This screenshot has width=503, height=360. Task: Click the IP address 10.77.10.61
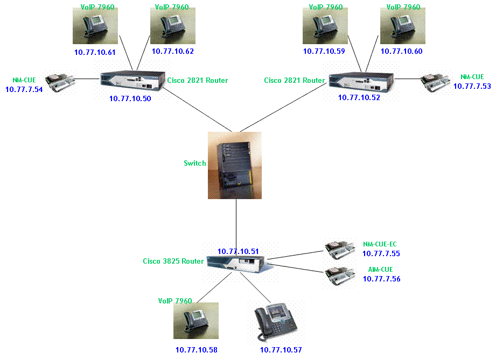click(x=95, y=52)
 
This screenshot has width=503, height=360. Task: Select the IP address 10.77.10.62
click(x=172, y=52)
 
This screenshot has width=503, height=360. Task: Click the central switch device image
click(x=235, y=165)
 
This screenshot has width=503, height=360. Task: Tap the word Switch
click(x=195, y=163)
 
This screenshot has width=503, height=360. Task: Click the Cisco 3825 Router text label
click(x=173, y=261)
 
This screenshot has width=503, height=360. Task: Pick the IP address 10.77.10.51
click(x=238, y=251)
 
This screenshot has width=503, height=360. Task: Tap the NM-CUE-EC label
click(x=380, y=244)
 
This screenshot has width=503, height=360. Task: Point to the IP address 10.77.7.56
click(x=381, y=279)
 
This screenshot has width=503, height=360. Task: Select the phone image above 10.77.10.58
click(x=196, y=321)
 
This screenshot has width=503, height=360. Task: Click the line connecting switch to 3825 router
click(x=236, y=223)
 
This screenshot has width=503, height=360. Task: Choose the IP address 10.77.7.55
click(x=381, y=253)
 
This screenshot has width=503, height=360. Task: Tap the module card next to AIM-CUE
click(x=339, y=276)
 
